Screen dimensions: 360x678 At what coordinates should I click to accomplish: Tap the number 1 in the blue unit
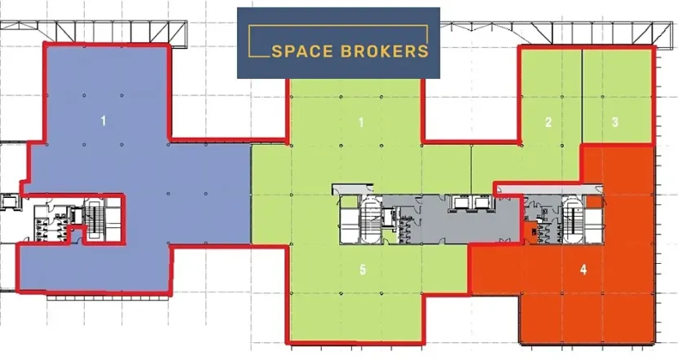[103, 121]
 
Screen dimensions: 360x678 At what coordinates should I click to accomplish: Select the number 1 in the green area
[360, 122]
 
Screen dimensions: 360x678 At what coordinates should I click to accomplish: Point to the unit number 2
[548, 122]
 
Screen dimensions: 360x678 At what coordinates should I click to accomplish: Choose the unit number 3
[615, 122]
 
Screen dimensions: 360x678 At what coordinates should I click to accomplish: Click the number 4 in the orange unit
[583, 267]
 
